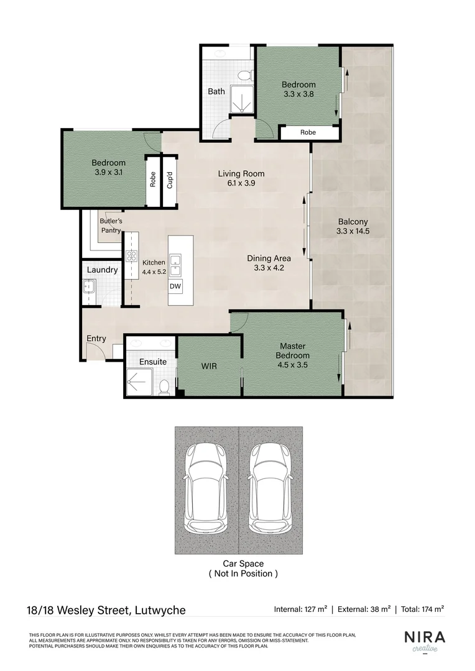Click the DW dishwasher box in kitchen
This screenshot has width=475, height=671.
tap(175, 286)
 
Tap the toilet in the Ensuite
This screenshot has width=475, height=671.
tap(164, 387)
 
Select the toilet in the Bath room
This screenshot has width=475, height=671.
tap(246, 76)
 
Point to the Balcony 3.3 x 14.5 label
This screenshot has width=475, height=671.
tap(353, 226)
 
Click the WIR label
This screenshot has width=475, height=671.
tap(209, 367)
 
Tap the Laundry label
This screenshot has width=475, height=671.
tap(102, 270)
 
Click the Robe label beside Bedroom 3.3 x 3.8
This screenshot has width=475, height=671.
tap(308, 132)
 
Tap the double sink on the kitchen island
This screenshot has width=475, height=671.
tap(175, 265)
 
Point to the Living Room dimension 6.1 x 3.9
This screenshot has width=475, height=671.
tap(241, 183)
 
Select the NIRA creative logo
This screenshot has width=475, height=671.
tap(425, 640)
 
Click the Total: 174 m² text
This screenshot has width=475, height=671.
tap(422, 609)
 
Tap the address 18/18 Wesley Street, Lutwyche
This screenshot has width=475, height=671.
tap(107, 610)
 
